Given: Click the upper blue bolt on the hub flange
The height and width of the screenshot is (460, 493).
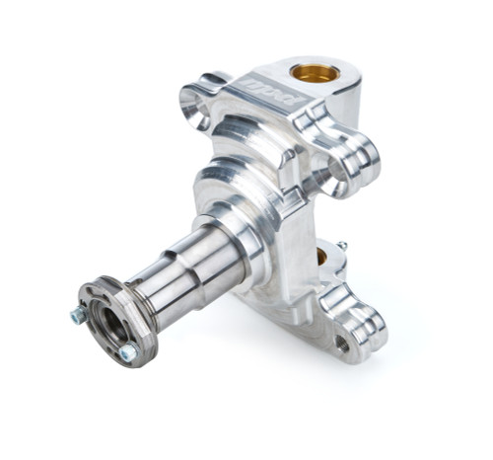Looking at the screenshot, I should click(x=78, y=315).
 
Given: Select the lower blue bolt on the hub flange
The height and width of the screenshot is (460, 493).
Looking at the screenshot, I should click(x=127, y=352).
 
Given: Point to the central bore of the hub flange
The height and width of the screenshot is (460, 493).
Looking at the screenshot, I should click(x=109, y=322).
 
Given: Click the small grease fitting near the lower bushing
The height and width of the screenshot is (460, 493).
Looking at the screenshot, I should click(x=341, y=245).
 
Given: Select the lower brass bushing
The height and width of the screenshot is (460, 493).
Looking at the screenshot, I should click(x=322, y=257).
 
